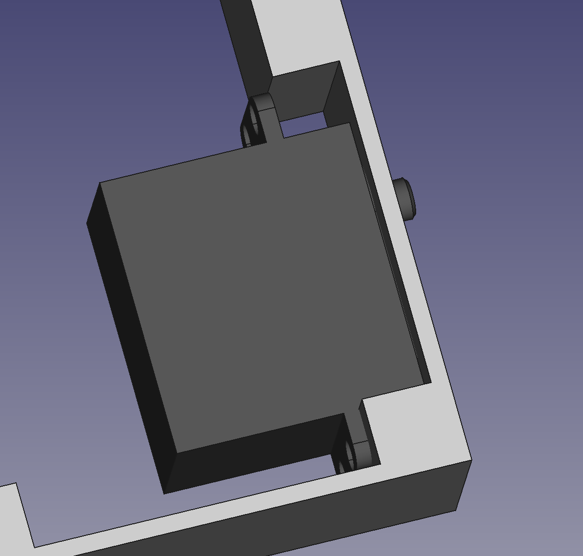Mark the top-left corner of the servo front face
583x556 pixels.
(x=100, y=183)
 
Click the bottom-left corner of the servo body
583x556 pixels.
(x=164, y=494)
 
